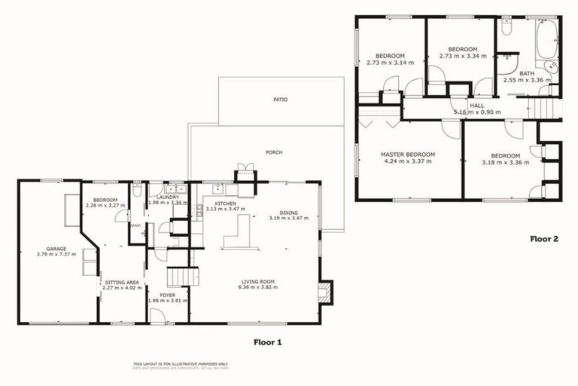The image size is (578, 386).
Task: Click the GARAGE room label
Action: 57,248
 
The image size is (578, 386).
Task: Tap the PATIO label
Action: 280,100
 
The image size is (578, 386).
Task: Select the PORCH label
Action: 274,152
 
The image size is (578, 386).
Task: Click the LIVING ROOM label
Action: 256,281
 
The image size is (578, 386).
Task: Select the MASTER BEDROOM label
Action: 408,155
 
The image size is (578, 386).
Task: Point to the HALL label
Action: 477,106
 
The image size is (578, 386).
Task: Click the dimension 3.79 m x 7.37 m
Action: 57,254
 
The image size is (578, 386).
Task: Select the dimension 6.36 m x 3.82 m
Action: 256,287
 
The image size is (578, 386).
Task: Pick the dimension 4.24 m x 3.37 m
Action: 408,161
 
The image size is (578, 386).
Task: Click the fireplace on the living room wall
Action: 324,292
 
